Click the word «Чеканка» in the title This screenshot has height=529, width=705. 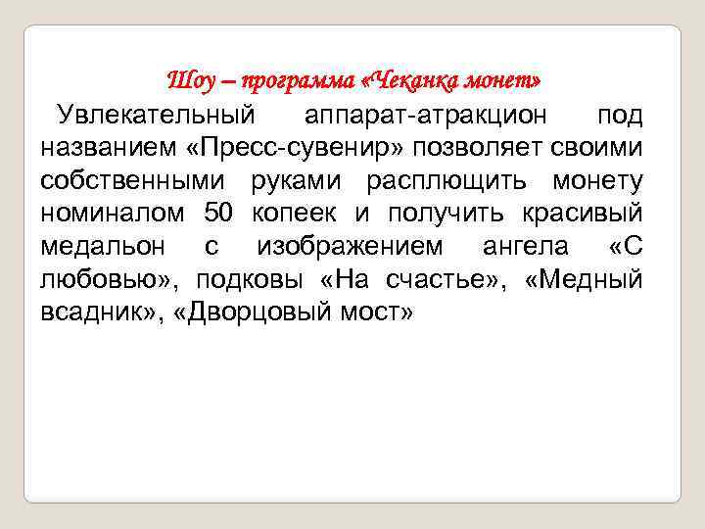click(x=413, y=77)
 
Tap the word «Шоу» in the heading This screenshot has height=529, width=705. click(x=188, y=77)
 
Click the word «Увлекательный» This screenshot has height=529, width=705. click(x=156, y=116)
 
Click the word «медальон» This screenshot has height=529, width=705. click(x=104, y=246)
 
